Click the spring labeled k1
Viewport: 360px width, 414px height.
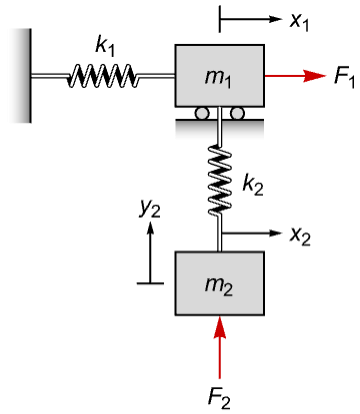tap(103, 76)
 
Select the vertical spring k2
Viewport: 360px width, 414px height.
tap(219, 181)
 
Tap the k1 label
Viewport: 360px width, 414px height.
tap(104, 46)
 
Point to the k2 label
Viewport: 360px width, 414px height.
tap(252, 184)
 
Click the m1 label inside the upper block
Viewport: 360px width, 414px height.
tap(218, 79)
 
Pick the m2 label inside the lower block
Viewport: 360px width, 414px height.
tap(219, 286)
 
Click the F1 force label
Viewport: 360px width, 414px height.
tap(345, 77)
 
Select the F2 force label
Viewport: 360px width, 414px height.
tap(219, 398)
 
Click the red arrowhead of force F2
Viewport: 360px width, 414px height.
tap(219, 327)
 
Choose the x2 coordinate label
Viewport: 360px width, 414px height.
tap(300, 236)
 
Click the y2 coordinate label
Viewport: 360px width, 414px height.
tap(150, 210)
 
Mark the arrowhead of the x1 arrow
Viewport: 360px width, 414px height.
tap(275, 19)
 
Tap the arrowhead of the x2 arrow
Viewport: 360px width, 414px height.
tap(275, 233)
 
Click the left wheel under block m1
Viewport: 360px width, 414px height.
tap(202, 113)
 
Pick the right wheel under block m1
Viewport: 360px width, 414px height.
tap(237, 113)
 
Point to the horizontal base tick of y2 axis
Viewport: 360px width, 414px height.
tap(150, 283)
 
